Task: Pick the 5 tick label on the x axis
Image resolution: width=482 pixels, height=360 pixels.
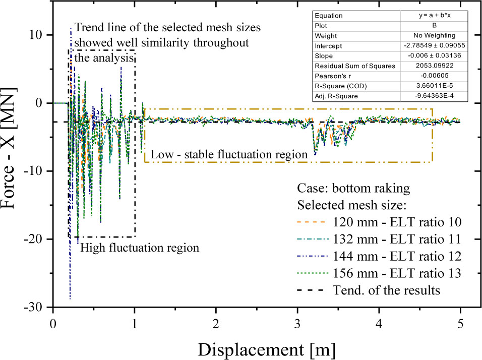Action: (460, 324)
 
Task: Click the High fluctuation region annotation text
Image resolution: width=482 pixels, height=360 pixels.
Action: (140, 248)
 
